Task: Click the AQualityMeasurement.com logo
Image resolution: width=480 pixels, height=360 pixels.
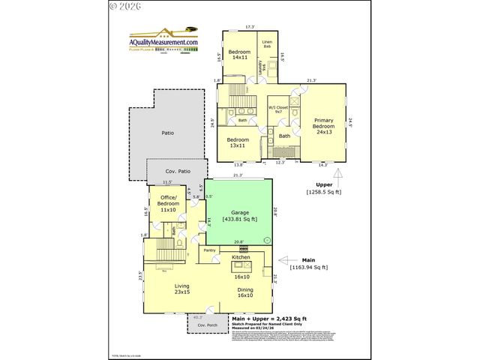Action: click(164, 41)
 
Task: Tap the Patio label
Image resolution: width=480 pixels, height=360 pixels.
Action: click(168, 133)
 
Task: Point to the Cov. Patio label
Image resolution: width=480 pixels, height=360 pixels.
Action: click(176, 171)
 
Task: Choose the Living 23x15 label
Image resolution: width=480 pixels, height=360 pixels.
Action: click(182, 289)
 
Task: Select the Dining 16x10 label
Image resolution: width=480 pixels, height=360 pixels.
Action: click(245, 293)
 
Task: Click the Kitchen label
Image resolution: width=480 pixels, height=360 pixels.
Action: click(241, 257)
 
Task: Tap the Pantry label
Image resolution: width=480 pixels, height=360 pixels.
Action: click(209, 250)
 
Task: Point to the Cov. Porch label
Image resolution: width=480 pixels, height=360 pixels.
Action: click(197, 325)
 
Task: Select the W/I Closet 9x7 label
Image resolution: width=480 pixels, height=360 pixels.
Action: click(279, 109)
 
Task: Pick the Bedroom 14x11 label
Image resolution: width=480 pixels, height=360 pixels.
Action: click(239, 54)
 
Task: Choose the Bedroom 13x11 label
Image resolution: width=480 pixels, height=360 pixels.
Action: click(238, 143)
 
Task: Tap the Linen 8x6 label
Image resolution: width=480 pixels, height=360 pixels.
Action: click(267, 44)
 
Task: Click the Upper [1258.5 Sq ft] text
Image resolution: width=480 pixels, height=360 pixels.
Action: click(324, 187)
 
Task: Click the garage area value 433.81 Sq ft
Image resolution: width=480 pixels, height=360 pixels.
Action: click(240, 219)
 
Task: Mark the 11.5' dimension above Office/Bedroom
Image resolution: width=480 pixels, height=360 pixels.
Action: click(167, 182)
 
